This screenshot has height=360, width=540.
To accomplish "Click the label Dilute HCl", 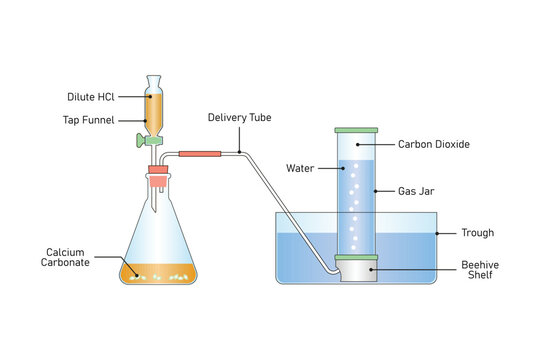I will point(93,96).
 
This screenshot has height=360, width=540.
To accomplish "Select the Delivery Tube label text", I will point(239,117).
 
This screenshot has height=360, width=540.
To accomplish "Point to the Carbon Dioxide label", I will point(434,144).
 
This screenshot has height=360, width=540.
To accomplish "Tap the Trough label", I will point(477,233).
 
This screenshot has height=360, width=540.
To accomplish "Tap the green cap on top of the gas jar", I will point(356,130).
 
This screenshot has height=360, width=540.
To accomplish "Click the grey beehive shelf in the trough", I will point(356,273).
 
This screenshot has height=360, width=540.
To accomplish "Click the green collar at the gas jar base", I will point(356,258).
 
